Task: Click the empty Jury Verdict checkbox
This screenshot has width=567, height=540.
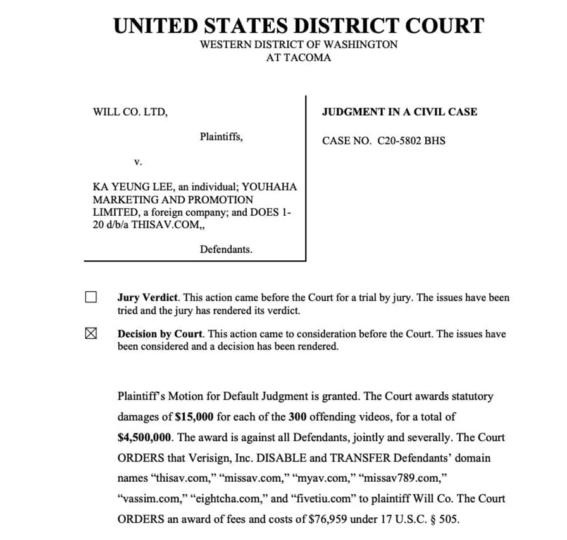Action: [x=91, y=297]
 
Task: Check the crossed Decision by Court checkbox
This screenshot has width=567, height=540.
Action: [x=91, y=334]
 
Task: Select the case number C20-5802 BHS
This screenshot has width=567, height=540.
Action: [x=411, y=141]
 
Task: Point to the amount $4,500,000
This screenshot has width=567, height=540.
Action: [x=146, y=437]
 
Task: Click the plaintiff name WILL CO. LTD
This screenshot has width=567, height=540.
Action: [x=130, y=112]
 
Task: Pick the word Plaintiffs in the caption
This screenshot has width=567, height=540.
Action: [x=221, y=136]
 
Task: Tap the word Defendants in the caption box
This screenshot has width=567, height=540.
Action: [x=226, y=249]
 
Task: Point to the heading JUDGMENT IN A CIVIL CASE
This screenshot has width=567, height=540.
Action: [x=399, y=112]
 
